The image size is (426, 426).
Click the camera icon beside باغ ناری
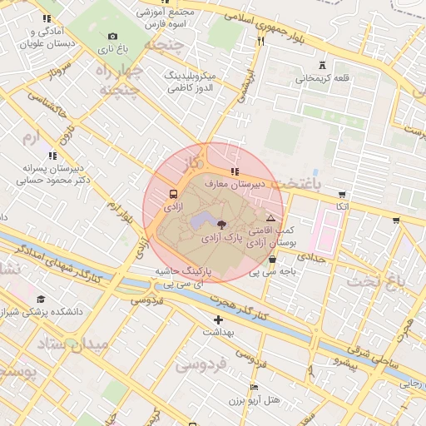[x=113, y=36]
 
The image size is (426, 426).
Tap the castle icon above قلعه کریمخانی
[x=322, y=66]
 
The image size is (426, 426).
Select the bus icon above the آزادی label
[x=173, y=189]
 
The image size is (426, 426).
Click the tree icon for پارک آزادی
[x=220, y=225]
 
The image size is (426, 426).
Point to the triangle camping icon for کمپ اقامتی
[x=270, y=216]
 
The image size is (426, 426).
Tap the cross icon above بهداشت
[x=218, y=319]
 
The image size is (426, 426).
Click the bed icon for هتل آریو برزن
[x=254, y=388]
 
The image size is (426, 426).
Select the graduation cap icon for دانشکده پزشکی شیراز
[x=41, y=300]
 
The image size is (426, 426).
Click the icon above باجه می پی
[x=273, y=259]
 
